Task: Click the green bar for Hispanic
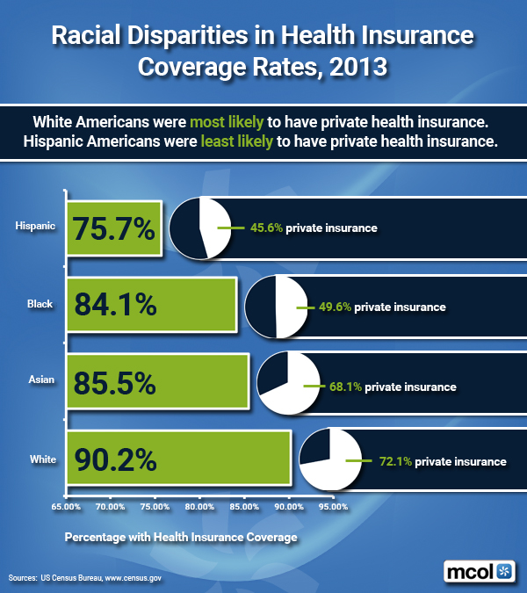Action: (x=114, y=228)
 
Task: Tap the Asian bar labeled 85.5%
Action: (x=158, y=381)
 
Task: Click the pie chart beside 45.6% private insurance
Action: (x=201, y=228)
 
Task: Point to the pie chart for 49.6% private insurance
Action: (x=276, y=307)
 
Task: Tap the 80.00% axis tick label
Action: (x=200, y=507)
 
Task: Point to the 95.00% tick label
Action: (x=335, y=507)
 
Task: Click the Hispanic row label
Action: (x=35, y=227)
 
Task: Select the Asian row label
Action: (x=40, y=380)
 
